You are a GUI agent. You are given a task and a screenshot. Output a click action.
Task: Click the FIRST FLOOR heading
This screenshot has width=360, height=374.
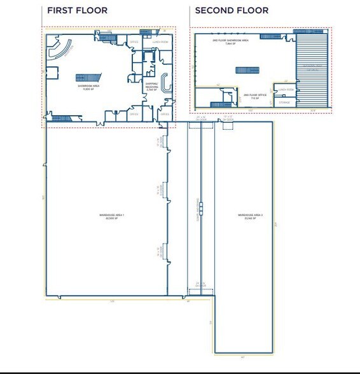coord(77,11)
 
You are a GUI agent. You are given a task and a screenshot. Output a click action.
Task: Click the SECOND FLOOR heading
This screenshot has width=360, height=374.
coord(232,11)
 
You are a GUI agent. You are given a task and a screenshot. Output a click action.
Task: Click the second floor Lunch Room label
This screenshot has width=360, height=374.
coord(284,90)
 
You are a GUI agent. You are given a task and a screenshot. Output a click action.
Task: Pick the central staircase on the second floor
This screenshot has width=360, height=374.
coord(245,70)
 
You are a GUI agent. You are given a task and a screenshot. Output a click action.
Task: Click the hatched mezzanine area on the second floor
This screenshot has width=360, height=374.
coord(313,70)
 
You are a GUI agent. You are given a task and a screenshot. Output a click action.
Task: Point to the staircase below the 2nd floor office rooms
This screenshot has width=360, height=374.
coord(219,104)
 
